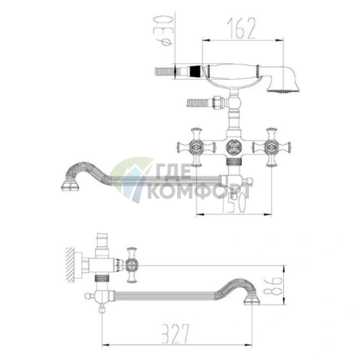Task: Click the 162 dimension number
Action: pos(241,28)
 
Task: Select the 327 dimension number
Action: pos(175,333)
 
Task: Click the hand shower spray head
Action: pos(284,79)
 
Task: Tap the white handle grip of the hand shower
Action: pos(232,72)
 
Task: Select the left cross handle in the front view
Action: pos(196,147)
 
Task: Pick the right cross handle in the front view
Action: pos(271,147)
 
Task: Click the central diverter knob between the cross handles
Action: pos(234,147)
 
